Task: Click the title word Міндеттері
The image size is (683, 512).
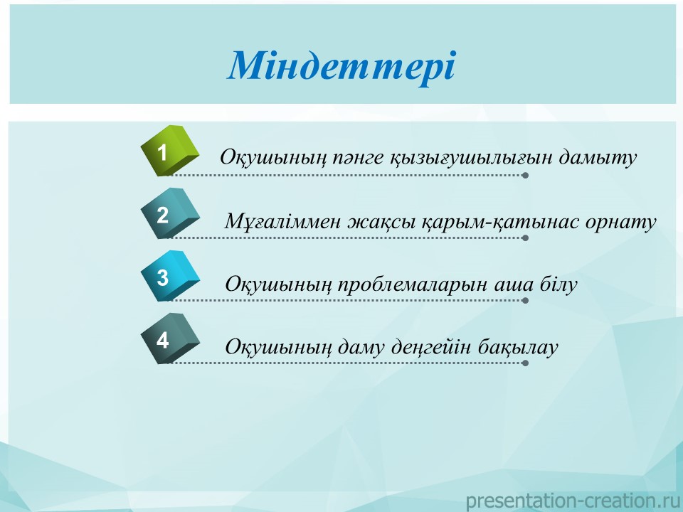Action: (x=341, y=66)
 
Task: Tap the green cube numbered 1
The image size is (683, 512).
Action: (x=170, y=151)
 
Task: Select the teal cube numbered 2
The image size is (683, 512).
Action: (x=170, y=213)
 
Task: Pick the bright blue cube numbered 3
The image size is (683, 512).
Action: (x=170, y=276)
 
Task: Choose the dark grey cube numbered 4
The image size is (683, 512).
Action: (x=170, y=338)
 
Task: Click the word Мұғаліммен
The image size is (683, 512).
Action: (x=282, y=222)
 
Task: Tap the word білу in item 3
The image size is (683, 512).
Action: (x=558, y=284)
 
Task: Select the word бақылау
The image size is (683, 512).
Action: (x=518, y=348)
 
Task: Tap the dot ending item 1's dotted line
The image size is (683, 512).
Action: (x=525, y=176)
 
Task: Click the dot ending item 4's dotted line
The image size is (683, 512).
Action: (x=525, y=363)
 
